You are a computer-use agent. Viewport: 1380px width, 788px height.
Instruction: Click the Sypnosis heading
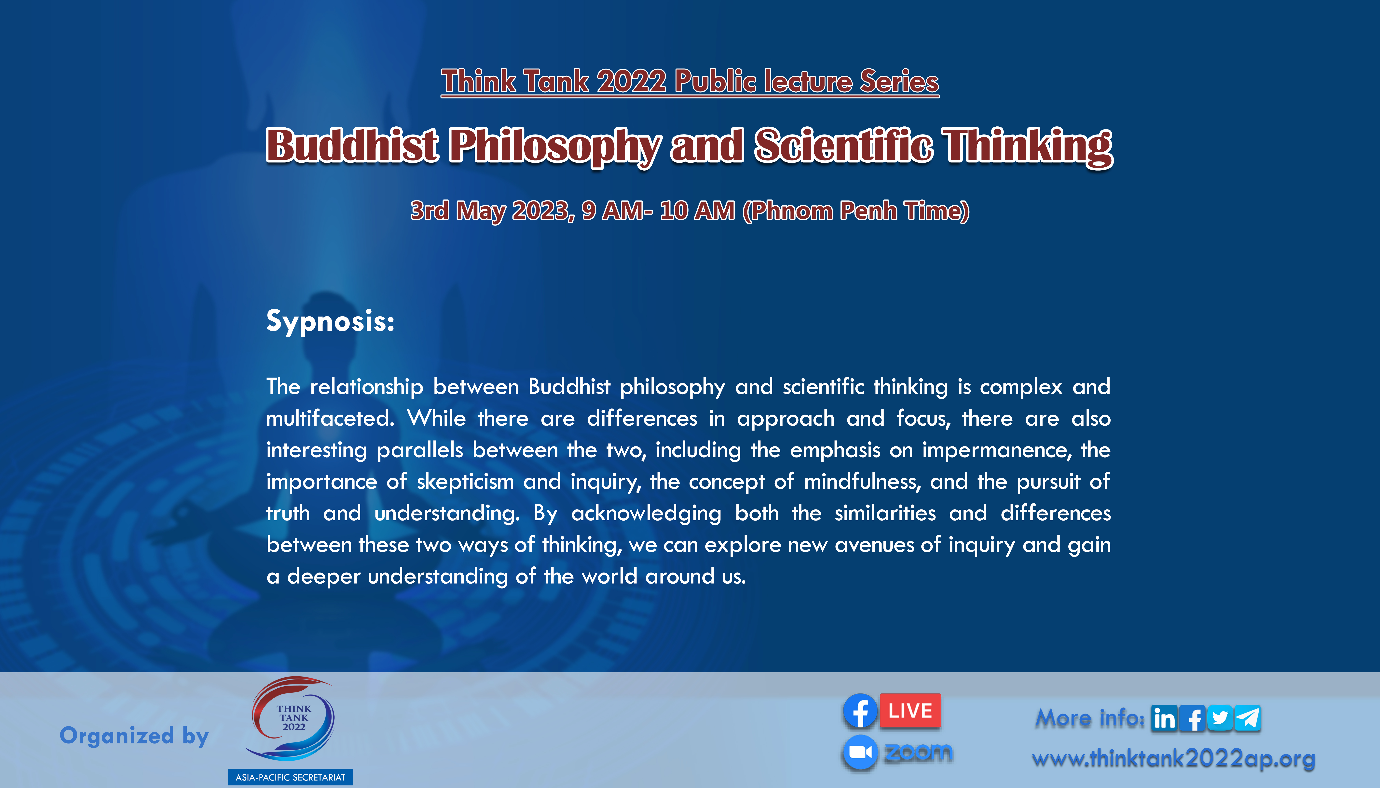pyautogui.click(x=330, y=321)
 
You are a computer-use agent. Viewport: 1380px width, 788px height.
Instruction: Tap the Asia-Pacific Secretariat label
pyautogui.click(x=290, y=777)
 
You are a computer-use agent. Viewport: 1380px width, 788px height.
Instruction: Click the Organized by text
pyautogui.click(x=134, y=736)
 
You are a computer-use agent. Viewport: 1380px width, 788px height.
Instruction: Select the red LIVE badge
pyautogui.click(x=910, y=711)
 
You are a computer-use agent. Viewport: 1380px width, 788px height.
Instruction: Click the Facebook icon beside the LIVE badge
pyautogui.click(x=860, y=711)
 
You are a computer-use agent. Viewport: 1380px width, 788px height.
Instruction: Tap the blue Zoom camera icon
pyautogui.click(x=860, y=752)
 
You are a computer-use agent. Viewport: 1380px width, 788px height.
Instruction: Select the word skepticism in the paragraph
pyautogui.click(x=465, y=482)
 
